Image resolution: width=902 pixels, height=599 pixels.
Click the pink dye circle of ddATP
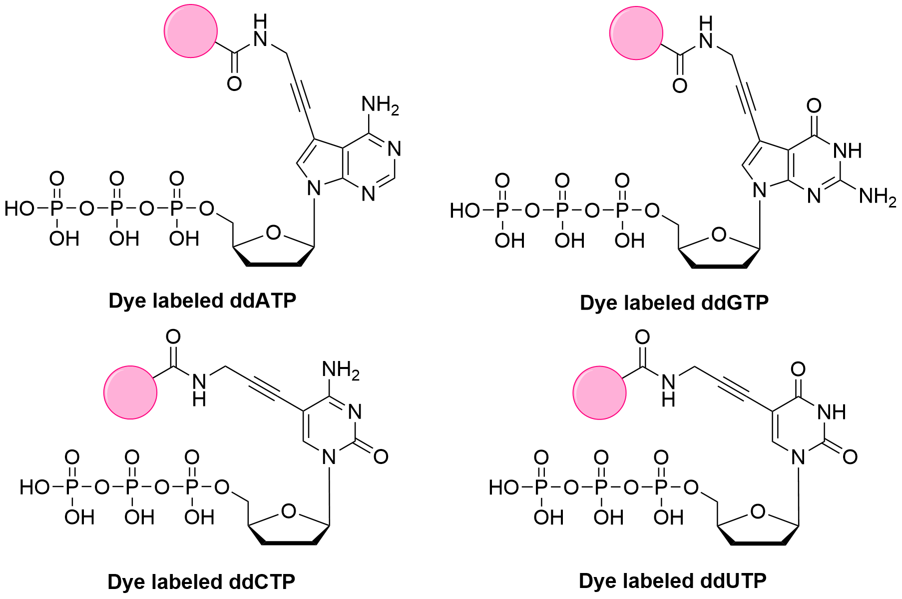click(191, 31)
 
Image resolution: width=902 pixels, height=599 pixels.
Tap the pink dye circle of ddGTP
click(636, 33)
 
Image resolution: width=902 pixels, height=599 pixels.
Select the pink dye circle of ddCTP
click(130, 392)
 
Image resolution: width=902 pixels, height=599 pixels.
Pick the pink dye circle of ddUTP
click(599, 392)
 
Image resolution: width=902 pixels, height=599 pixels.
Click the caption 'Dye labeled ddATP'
click(202, 301)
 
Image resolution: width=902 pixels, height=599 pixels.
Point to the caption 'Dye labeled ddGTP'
click(674, 303)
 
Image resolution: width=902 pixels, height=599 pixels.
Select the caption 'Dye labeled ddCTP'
click(201, 581)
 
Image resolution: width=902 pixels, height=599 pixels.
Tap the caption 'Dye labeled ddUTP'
click(672, 581)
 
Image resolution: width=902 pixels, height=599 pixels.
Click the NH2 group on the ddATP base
click(380, 105)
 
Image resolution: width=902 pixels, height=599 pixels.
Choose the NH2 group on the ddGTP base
click(877, 196)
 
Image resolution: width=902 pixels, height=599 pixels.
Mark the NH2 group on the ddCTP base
click(341, 370)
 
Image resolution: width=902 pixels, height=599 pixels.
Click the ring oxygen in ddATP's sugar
click(273, 232)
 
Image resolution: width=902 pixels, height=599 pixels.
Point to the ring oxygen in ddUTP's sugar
click(758, 511)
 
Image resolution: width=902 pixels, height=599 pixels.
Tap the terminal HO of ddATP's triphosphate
click(19, 208)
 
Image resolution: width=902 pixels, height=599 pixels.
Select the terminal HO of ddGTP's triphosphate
click(464, 210)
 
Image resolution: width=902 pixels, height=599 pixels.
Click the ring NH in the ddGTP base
click(848, 150)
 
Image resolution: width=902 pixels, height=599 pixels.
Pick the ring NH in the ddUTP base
click(832, 412)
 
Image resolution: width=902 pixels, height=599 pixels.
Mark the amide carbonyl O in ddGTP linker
click(679, 85)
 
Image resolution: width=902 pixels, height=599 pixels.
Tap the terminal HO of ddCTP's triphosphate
click(34, 487)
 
